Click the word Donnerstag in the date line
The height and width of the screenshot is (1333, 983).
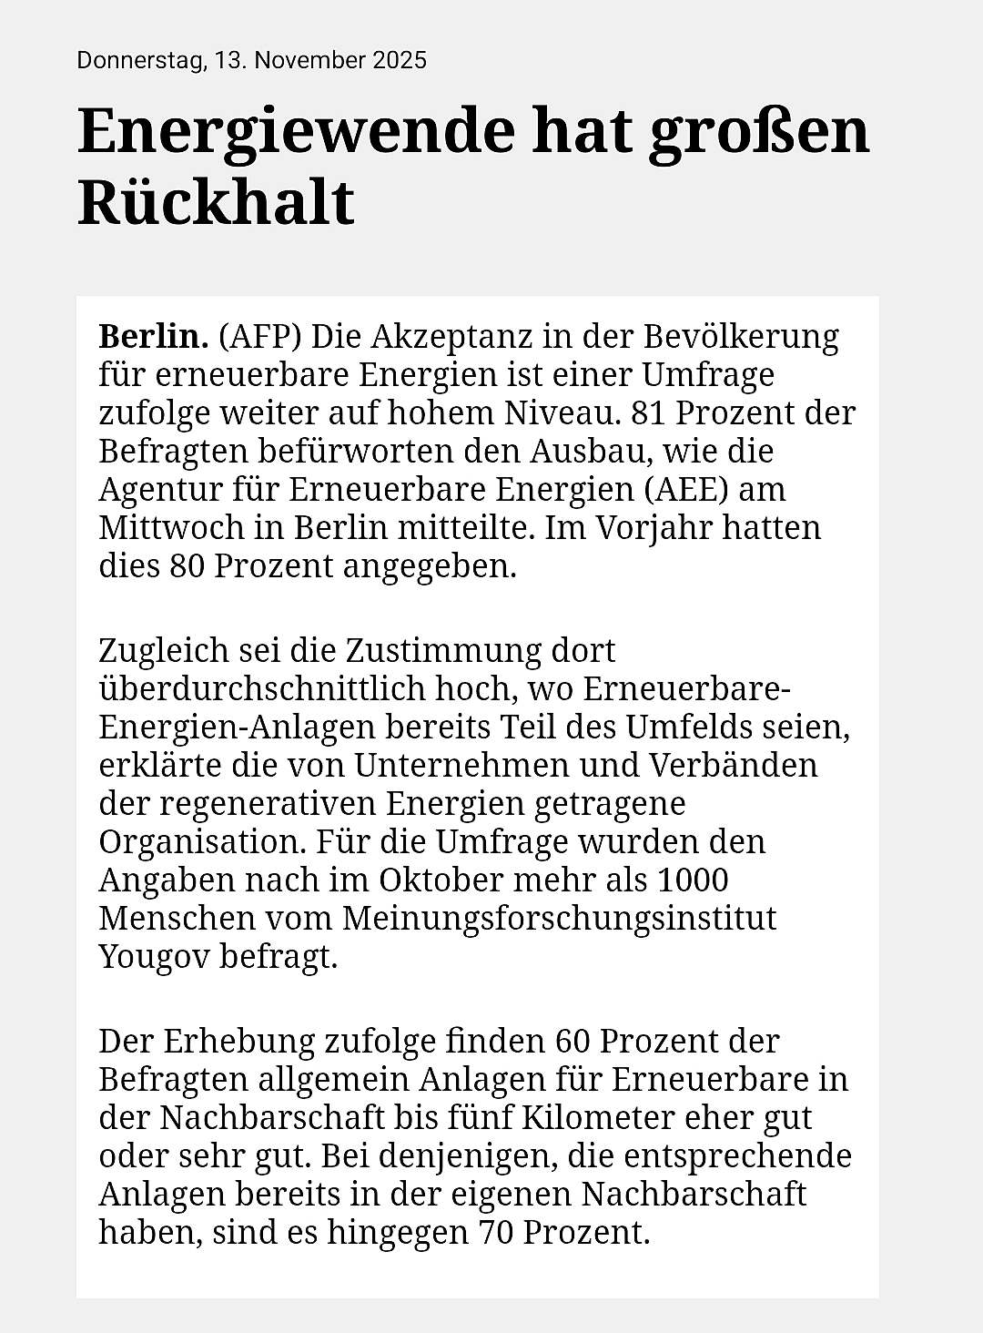[139, 61]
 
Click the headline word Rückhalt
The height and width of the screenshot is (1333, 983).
[216, 202]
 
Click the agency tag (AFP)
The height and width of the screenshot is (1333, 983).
[260, 336]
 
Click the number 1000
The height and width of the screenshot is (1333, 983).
[693, 880]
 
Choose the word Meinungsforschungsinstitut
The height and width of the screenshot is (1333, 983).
[559, 918]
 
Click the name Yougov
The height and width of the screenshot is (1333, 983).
[154, 957]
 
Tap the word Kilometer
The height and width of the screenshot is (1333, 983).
[686, 1116]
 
